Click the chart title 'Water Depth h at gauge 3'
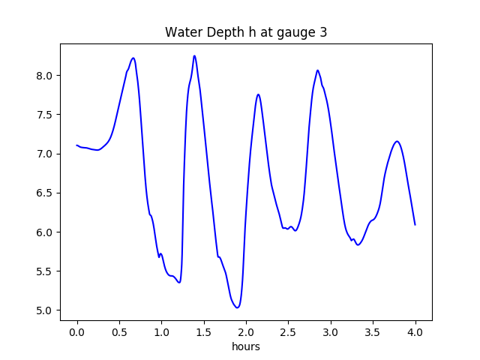[246, 33]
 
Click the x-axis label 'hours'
[246, 347]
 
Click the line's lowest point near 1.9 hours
[237, 307]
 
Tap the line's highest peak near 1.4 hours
[194, 55]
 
